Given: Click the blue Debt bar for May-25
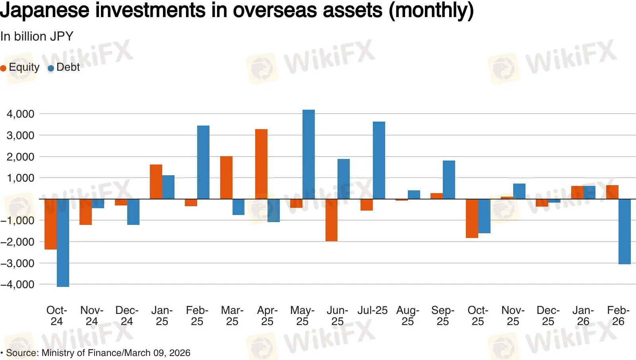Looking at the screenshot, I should [x=308, y=154].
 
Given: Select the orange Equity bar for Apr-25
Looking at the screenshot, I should [x=261, y=164].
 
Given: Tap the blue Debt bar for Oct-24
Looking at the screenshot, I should [x=63, y=242].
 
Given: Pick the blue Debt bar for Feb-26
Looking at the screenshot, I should [x=624, y=231].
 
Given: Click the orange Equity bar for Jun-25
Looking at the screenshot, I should [x=331, y=220].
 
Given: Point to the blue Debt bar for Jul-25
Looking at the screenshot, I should [x=379, y=160].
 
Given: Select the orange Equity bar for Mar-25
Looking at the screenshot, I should [x=226, y=177].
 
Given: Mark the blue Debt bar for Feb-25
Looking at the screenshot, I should [x=203, y=162].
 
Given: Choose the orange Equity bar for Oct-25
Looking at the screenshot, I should [x=472, y=218].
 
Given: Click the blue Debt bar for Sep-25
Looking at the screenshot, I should [x=449, y=180].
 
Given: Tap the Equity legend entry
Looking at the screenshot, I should [x=20, y=68].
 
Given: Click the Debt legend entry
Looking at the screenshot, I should [x=64, y=68].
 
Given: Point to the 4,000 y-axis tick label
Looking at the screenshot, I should [x=20, y=114].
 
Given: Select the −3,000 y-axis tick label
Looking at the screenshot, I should [x=17, y=263].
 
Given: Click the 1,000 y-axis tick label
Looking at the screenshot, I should [x=20, y=178].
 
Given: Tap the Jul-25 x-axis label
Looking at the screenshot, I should [x=372, y=310].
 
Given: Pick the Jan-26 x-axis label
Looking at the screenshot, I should [x=583, y=316].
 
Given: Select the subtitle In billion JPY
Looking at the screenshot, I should [x=37, y=37].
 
